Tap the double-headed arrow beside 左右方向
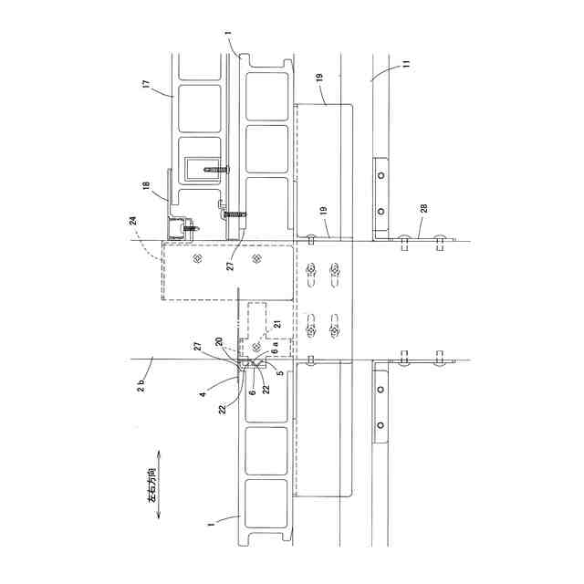pos(161,484)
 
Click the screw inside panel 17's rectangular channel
pos(215,169)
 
